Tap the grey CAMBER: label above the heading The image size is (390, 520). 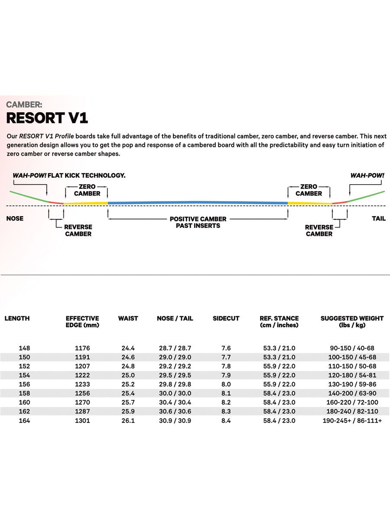coord(24,104)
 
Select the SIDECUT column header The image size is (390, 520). coord(226,318)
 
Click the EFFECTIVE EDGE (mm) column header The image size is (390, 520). coord(82,322)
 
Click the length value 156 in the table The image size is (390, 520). coord(24,384)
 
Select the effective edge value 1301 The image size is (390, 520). coord(82,421)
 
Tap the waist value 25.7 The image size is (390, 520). coord(128,403)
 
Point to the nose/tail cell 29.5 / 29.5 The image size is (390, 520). coord(175,375)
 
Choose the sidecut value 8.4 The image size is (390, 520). coord(226,421)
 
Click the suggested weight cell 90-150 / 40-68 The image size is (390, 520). coord(352,348)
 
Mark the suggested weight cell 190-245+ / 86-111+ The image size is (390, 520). coord(352,421)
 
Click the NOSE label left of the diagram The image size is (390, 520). coord(15,218)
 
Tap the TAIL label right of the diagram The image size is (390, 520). coord(378,218)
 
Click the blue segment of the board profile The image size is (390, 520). coord(198,202)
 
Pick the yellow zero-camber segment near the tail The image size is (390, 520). coord(309,203)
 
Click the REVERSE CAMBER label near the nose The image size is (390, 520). coord(78,230)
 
